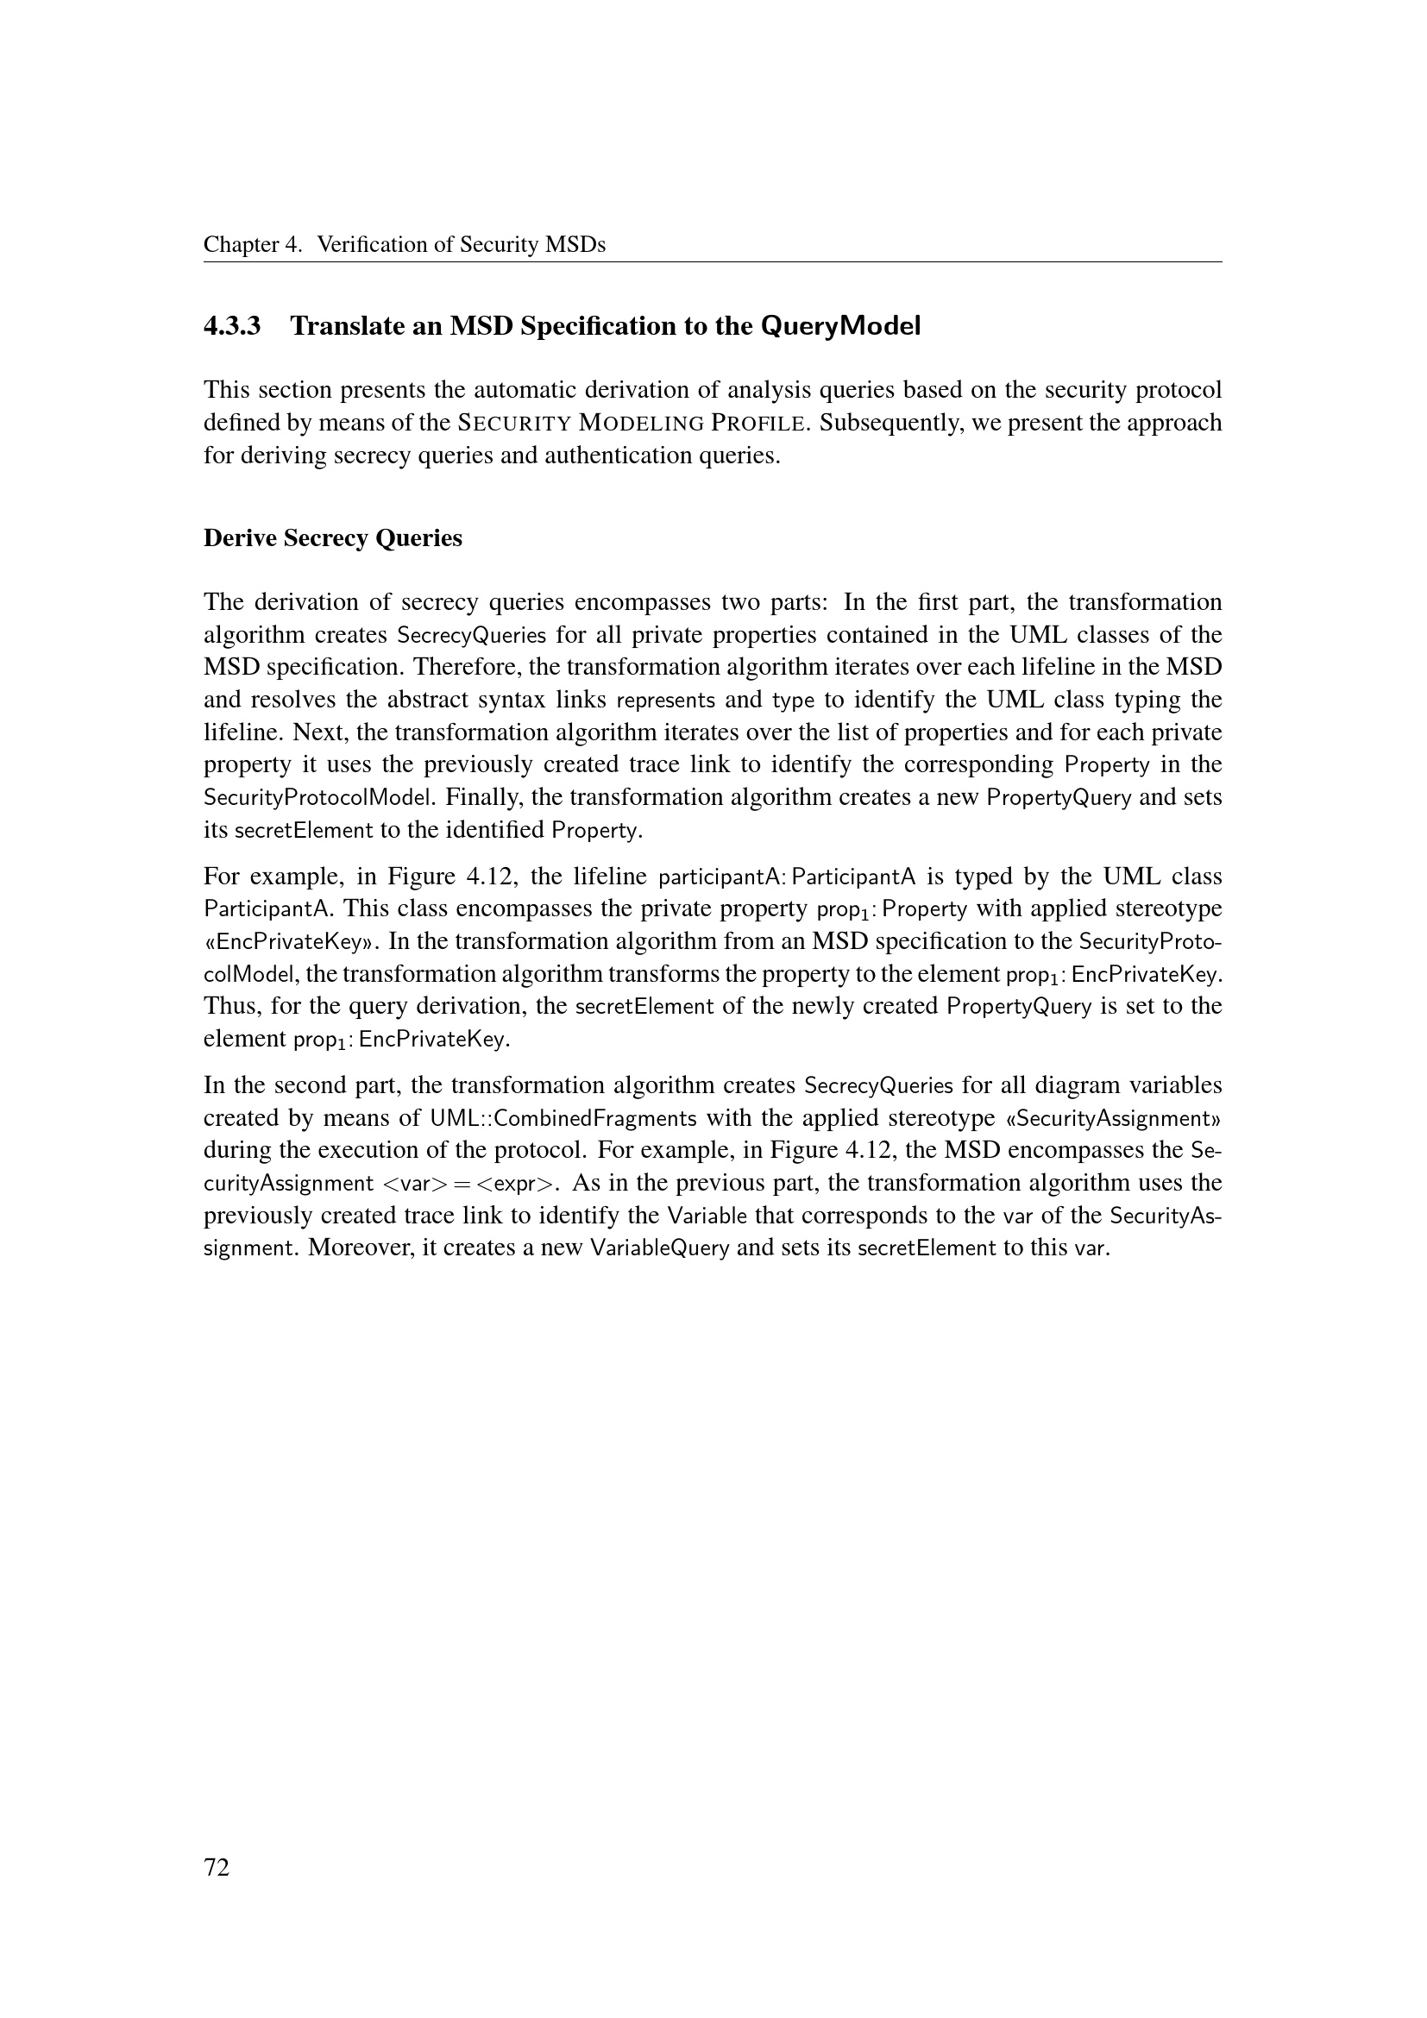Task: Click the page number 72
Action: [217, 1892]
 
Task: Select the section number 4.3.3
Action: [232, 326]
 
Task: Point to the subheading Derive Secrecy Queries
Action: [332, 538]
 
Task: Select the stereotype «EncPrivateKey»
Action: [291, 942]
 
